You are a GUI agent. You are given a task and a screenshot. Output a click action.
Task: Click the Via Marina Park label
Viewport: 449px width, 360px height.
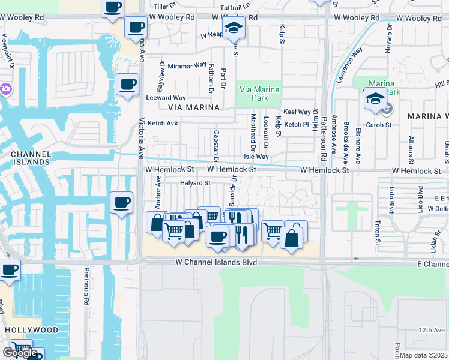pos(259,94)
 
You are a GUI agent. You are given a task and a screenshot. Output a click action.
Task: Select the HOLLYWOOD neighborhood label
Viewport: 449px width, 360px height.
pos(32,330)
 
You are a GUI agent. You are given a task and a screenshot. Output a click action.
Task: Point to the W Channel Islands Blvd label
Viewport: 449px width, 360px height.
pos(216,263)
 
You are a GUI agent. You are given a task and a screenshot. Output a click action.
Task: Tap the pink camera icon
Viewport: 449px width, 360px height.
pos(6,89)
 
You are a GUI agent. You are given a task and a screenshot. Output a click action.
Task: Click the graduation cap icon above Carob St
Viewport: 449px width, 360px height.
pos(375,97)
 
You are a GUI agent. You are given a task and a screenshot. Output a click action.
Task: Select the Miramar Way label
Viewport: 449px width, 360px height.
pos(187,65)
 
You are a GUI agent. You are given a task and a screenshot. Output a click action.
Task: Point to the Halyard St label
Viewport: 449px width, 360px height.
pos(195,183)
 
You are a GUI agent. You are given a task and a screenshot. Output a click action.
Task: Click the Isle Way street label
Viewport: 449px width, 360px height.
pos(256,157)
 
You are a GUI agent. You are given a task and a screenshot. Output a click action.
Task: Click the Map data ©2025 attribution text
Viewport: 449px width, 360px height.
pos(424,355)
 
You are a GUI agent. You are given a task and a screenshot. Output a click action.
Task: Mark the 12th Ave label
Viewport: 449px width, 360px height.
pos(432,330)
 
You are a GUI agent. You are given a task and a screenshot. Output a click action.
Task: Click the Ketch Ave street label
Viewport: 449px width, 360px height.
pos(163,123)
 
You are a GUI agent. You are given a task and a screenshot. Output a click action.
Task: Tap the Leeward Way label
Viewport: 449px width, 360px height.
pos(166,98)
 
